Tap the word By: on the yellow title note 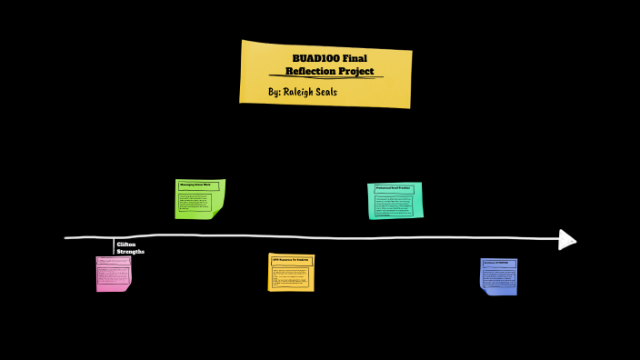click(x=275, y=93)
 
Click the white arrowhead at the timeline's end click(x=567, y=239)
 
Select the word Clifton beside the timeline click(x=126, y=245)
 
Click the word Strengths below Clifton click(x=130, y=252)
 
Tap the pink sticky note click(x=114, y=274)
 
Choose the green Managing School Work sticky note click(x=199, y=199)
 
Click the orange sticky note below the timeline click(x=291, y=273)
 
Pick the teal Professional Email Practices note click(x=395, y=201)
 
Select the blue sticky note click(x=499, y=276)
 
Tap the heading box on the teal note click(x=395, y=188)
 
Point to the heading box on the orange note click(x=291, y=260)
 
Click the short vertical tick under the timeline click(x=115, y=245)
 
